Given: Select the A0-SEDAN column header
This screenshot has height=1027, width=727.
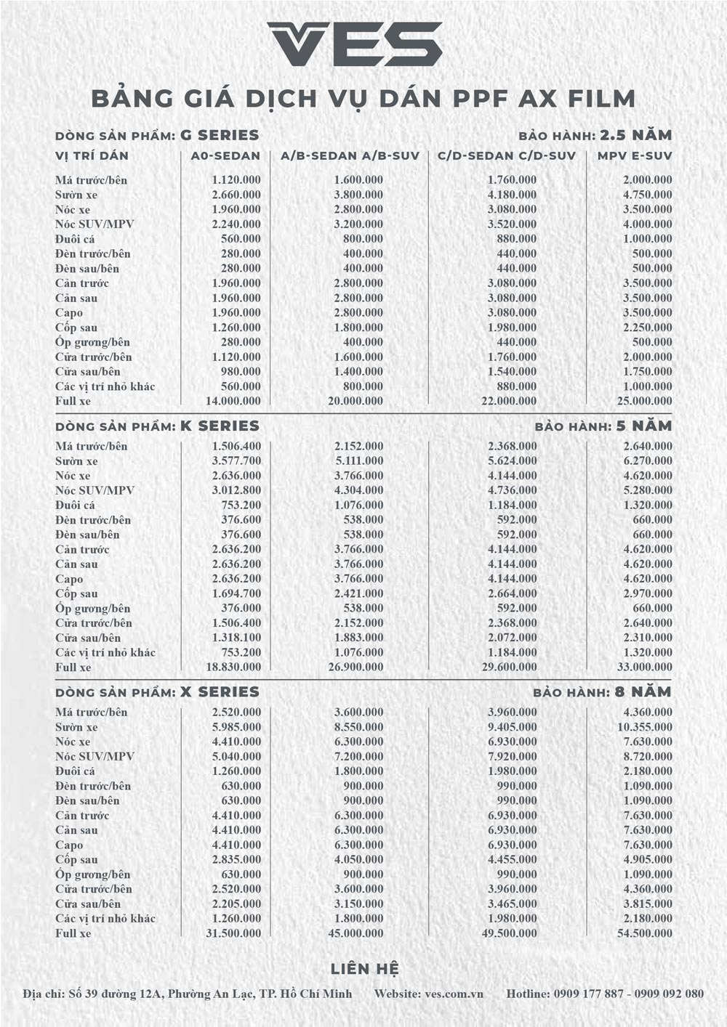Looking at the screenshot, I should [225, 155].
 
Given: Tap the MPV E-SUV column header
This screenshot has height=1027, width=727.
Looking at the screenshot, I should [635, 155].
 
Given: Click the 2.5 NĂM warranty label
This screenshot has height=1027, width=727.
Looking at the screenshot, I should [635, 135].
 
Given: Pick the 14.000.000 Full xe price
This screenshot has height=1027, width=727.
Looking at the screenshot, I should [233, 401].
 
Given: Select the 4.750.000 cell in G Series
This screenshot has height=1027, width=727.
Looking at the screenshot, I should [647, 195].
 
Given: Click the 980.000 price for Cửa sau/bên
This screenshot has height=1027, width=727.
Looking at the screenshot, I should [240, 371].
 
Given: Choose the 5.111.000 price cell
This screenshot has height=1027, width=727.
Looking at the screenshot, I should [358, 460].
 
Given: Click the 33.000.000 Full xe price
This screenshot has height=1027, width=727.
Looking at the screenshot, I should [644, 667].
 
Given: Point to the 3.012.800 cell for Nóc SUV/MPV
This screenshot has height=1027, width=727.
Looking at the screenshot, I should [236, 490].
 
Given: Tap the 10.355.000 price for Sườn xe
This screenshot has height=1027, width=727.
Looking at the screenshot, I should [644, 727].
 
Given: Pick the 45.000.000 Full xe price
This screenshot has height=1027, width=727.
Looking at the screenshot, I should [356, 933].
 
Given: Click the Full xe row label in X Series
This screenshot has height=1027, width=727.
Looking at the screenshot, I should [73, 933].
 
